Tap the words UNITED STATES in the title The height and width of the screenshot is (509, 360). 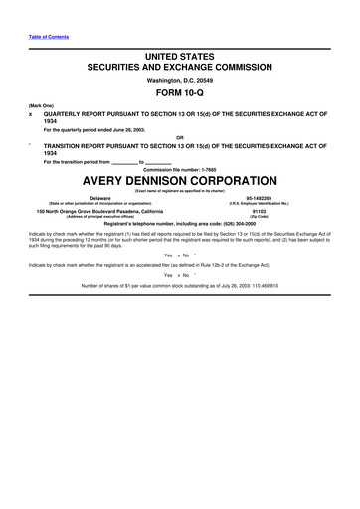point(180,61)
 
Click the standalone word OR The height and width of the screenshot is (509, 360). point(180,137)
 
